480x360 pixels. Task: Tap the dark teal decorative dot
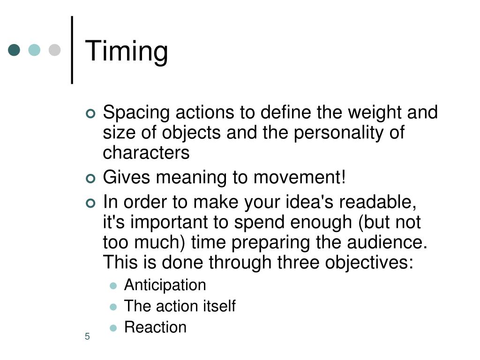pyautogui.click(x=14, y=50)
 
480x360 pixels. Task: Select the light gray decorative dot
pyautogui.click(x=55, y=50)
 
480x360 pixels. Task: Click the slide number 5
pyautogui.click(x=87, y=337)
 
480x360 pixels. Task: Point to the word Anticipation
pyautogui.click(x=165, y=285)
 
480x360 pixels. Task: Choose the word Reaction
pyautogui.click(x=155, y=327)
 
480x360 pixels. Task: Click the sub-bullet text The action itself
pyautogui.click(x=180, y=306)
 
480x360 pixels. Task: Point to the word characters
pyautogui.click(x=146, y=153)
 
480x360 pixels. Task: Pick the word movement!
pyautogui.click(x=300, y=178)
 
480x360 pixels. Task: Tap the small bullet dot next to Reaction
pyautogui.click(x=113, y=328)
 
